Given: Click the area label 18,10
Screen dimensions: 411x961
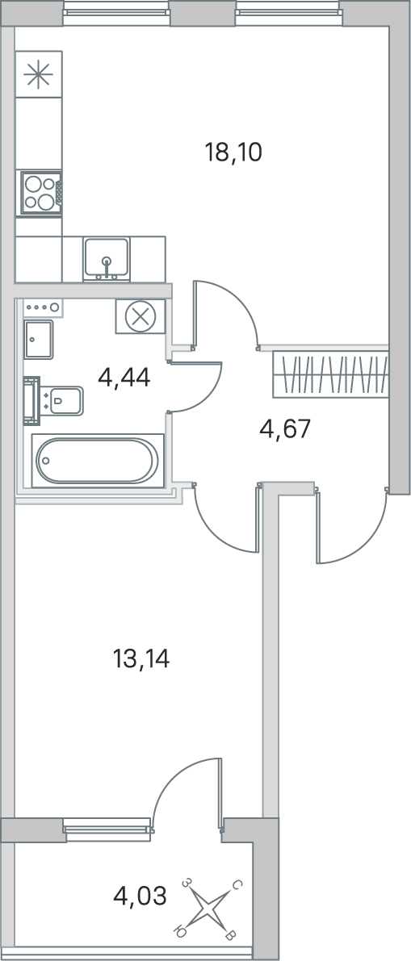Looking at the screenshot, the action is [x=233, y=152].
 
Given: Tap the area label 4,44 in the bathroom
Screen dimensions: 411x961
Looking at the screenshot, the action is [x=124, y=378].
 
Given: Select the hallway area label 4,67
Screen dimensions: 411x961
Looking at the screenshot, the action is [x=285, y=429].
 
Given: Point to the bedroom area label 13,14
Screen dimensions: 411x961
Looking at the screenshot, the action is [x=141, y=659].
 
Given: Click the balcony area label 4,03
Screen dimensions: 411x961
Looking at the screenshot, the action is [x=140, y=896].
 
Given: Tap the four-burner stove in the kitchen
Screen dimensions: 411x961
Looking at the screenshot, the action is [x=41, y=193].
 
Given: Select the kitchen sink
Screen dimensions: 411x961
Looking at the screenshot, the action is [x=107, y=259].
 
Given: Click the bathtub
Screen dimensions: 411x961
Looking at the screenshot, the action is [x=98, y=460].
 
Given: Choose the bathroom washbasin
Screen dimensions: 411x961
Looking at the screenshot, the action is [x=39, y=340].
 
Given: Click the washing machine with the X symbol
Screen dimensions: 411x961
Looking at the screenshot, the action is [x=140, y=317].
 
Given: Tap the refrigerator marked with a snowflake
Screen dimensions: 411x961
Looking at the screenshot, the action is [x=39, y=74].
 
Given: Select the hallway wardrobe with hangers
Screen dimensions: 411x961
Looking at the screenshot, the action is [x=330, y=374].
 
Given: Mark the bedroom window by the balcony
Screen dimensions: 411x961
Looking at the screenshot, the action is [x=107, y=829].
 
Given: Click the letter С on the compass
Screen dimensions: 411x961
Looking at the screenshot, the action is [x=237, y=886].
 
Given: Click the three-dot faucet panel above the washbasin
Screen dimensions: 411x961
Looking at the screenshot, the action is [x=43, y=307].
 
